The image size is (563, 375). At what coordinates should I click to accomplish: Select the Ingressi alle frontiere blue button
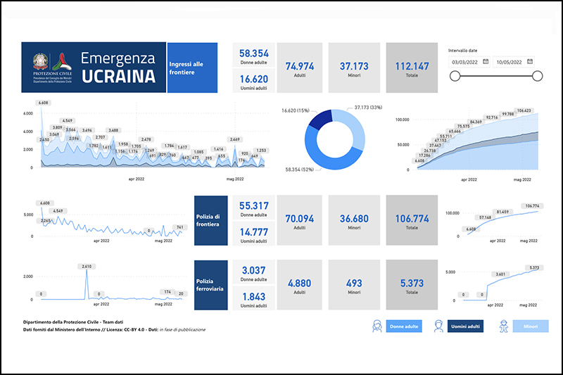[191, 68]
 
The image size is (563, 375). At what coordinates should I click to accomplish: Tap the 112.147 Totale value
[412, 65]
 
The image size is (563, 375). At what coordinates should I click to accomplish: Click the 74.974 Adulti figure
[300, 65]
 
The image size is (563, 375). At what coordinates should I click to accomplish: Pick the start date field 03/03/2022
[465, 62]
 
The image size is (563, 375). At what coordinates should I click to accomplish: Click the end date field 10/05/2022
[510, 62]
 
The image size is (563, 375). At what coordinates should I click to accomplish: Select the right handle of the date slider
[537, 77]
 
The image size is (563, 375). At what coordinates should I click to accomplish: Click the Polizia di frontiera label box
[210, 220]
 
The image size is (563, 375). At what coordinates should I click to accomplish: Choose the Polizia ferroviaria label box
[210, 284]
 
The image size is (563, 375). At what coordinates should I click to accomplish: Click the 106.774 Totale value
[412, 218]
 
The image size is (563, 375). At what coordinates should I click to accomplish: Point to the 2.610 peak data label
[87, 267]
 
